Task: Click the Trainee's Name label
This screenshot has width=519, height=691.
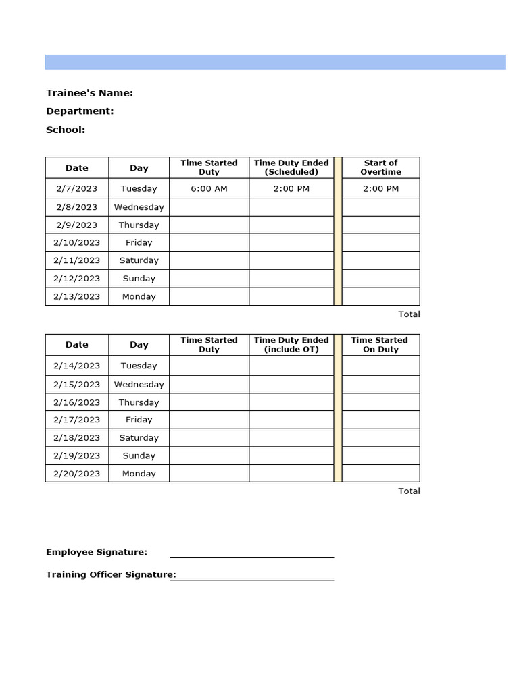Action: point(89,93)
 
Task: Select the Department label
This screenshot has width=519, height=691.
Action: point(80,111)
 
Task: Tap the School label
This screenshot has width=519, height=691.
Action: point(66,130)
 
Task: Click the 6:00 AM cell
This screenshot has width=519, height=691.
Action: point(209,188)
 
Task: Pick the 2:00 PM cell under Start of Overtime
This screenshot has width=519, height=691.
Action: point(380,188)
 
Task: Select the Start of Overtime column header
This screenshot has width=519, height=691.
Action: point(380,167)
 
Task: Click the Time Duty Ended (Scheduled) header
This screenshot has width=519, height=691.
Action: point(291,167)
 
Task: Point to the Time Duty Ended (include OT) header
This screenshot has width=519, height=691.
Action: point(291,345)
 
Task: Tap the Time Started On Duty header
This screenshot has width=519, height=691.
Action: point(380,345)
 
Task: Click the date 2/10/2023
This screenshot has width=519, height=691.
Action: point(76,242)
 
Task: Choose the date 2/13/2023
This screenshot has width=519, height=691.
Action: point(76,296)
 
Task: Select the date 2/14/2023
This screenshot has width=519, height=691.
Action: point(76,366)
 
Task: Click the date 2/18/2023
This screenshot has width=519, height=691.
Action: point(76,437)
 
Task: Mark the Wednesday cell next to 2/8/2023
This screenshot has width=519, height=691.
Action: point(139,207)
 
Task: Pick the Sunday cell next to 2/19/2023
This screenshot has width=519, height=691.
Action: point(139,455)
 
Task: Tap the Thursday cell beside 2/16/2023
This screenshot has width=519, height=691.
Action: point(139,402)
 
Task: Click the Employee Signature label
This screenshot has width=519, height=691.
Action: point(97,552)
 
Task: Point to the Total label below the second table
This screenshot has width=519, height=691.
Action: point(409,491)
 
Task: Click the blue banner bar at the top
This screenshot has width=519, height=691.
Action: point(275,62)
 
